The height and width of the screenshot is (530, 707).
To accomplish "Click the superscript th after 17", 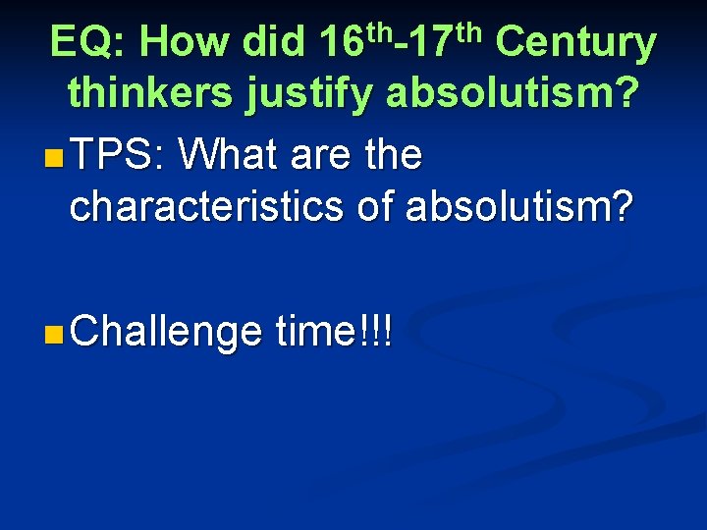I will (471, 28).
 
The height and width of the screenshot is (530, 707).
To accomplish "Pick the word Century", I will (576, 43).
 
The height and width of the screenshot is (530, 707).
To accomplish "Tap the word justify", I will (313, 95).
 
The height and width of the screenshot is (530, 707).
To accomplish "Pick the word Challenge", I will (166, 335).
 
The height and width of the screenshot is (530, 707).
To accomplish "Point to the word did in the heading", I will (271, 43).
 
